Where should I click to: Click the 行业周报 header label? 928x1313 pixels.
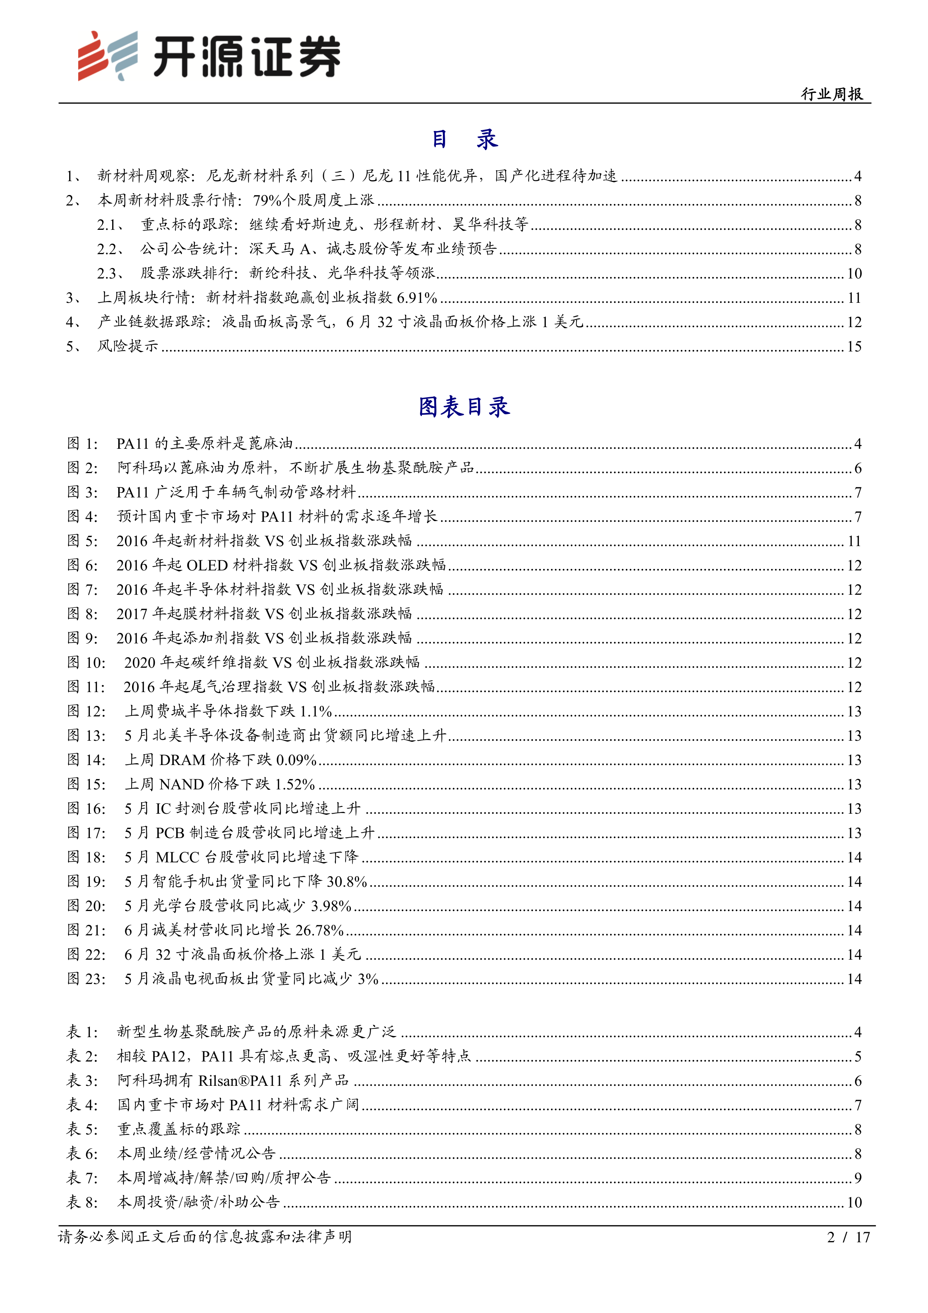coord(832,94)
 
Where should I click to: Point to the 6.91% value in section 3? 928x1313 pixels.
coord(417,298)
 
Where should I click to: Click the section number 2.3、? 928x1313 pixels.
coord(110,273)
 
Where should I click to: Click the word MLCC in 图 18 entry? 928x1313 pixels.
coord(177,857)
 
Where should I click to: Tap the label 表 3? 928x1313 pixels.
coord(82,1081)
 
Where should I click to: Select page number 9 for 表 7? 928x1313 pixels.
coord(858,1178)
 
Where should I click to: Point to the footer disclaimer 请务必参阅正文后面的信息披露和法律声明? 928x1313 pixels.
coord(205,1237)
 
